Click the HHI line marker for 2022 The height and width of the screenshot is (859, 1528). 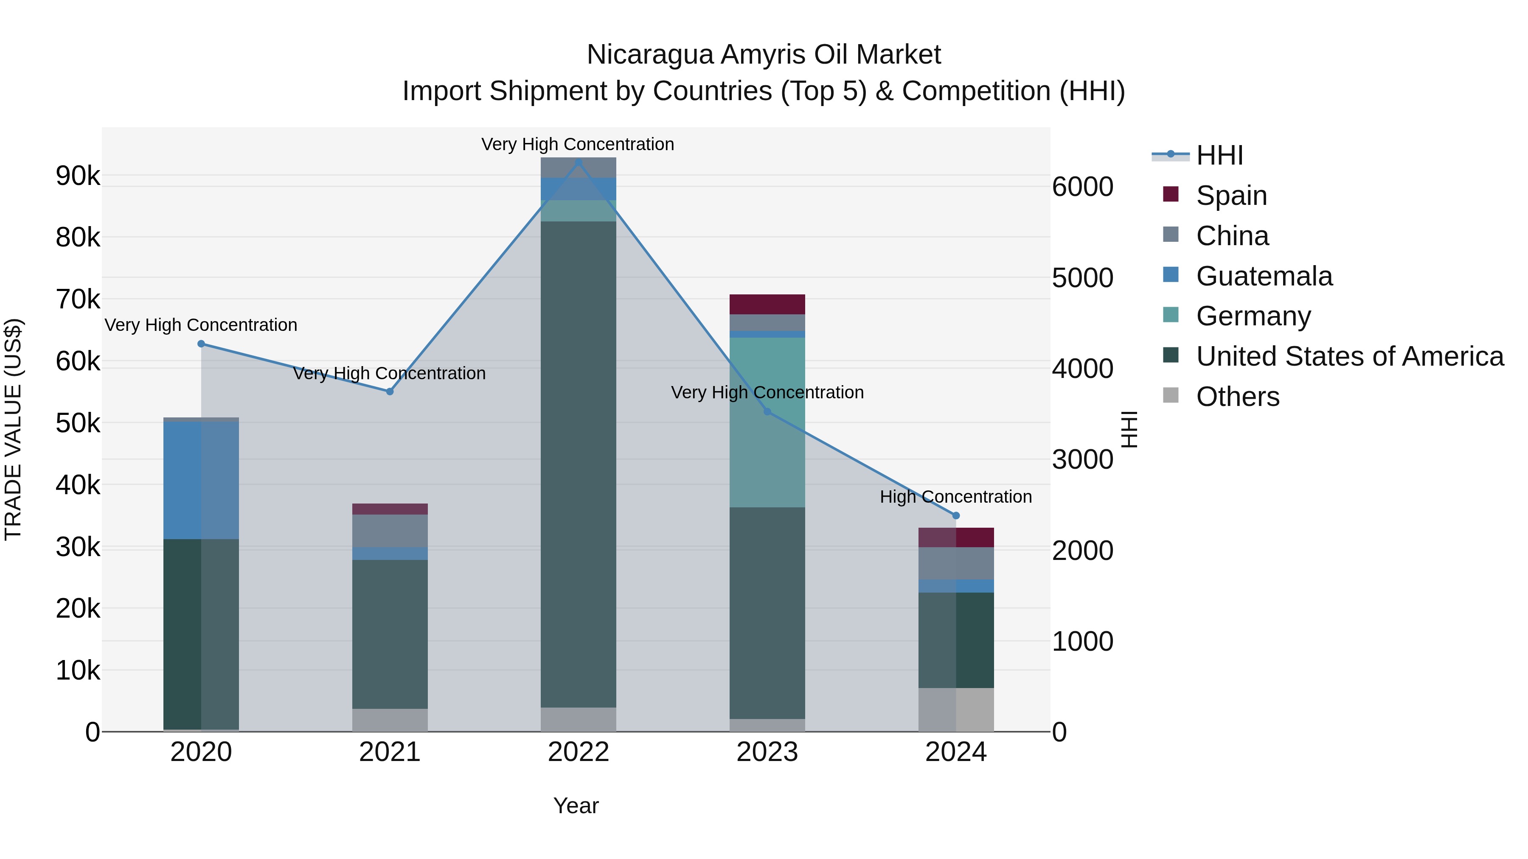click(579, 162)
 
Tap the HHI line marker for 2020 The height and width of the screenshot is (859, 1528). click(201, 344)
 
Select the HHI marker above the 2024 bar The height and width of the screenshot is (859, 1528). click(955, 516)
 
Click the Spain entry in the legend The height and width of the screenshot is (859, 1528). click(1231, 196)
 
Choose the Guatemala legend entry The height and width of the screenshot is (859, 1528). click(1264, 276)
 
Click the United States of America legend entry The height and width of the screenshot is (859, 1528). click(1349, 356)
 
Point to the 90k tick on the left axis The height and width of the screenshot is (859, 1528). click(78, 176)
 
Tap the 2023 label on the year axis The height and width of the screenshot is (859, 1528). click(767, 752)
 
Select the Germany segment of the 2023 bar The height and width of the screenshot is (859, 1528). click(767, 422)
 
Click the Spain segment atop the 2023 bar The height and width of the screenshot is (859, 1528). click(767, 304)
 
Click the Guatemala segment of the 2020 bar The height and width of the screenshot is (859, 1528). click(201, 480)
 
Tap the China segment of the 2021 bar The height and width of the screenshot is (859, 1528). click(390, 531)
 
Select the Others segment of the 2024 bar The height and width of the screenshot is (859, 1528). click(955, 710)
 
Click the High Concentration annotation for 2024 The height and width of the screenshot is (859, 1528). click(955, 497)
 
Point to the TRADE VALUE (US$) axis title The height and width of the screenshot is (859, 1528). click(13, 429)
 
